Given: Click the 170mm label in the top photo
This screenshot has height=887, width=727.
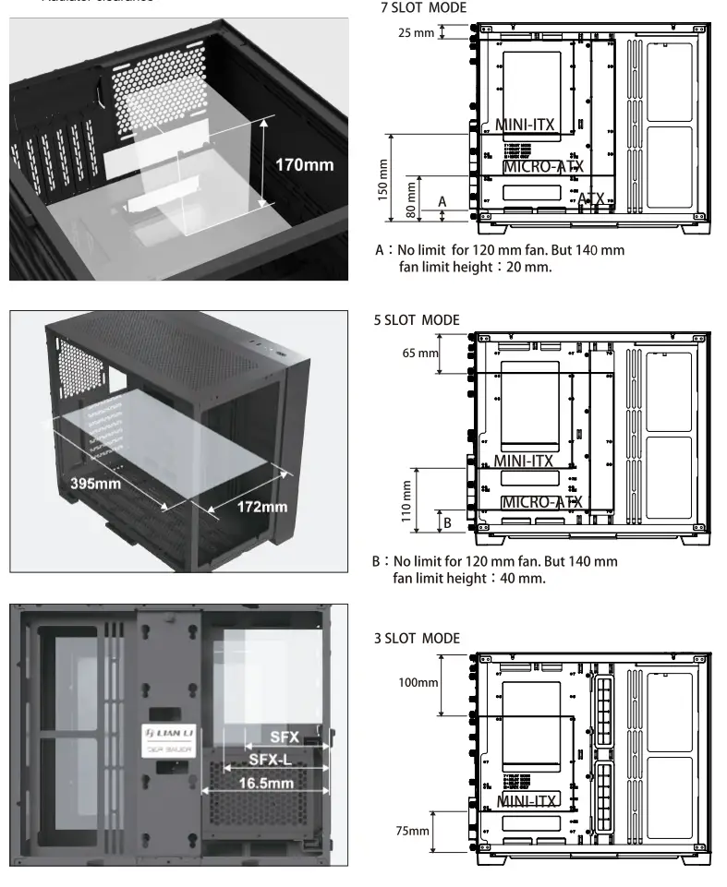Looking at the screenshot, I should point(304,165).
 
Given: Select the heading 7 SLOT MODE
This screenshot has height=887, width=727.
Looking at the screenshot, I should point(424,8).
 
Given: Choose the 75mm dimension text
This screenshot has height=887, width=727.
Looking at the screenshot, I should point(413,832).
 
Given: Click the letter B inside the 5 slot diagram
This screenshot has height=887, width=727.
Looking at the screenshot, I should point(447,521).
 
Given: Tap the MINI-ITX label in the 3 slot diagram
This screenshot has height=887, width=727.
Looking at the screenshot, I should point(527,800).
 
